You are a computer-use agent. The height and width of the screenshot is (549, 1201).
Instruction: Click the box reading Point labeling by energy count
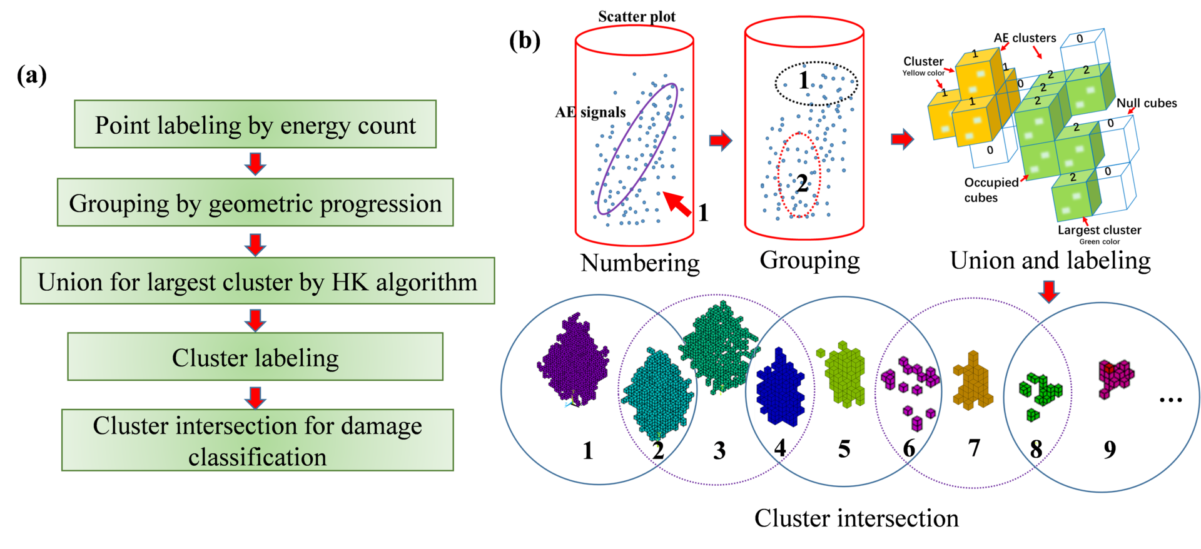click(x=255, y=124)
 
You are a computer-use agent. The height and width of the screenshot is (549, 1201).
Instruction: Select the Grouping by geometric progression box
click(x=255, y=203)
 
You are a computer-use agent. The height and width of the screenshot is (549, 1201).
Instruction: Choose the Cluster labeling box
click(x=255, y=357)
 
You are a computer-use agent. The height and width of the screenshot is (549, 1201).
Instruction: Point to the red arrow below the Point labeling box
click(x=255, y=163)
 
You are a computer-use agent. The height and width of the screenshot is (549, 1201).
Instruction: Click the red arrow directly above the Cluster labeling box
click(x=255, y=319)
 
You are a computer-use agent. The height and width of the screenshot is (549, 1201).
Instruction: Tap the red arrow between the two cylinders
click(x=720, y=140)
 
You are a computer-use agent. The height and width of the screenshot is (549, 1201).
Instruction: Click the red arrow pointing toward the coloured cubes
click(x=902, y=138)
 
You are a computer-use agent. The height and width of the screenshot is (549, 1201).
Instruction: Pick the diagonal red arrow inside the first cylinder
click(x=677, y=203)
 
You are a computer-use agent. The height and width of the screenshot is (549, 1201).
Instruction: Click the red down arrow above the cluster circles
click(x=1049, y=291)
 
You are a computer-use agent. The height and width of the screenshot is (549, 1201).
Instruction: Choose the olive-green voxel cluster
click(x=844, y=375)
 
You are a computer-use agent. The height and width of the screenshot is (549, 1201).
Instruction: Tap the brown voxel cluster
click(x=971, y=381)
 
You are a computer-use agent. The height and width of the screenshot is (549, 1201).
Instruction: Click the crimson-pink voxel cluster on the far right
click(x=1115, y=377)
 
